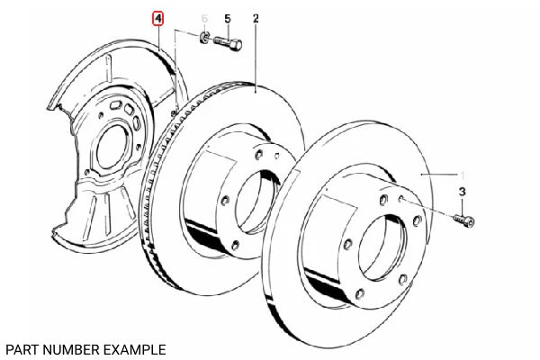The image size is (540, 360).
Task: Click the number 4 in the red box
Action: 158,18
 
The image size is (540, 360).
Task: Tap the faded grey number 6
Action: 204,18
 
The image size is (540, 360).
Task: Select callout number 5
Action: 227,18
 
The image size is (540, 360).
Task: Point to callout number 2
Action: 256,18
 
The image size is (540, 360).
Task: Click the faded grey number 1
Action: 463,173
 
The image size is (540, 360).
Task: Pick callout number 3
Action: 463,192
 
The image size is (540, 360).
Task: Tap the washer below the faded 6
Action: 205,38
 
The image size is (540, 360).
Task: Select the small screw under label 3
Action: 464,219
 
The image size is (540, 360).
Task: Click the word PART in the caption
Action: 21,347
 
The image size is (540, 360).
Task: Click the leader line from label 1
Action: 441,173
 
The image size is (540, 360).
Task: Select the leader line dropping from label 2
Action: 256,54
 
